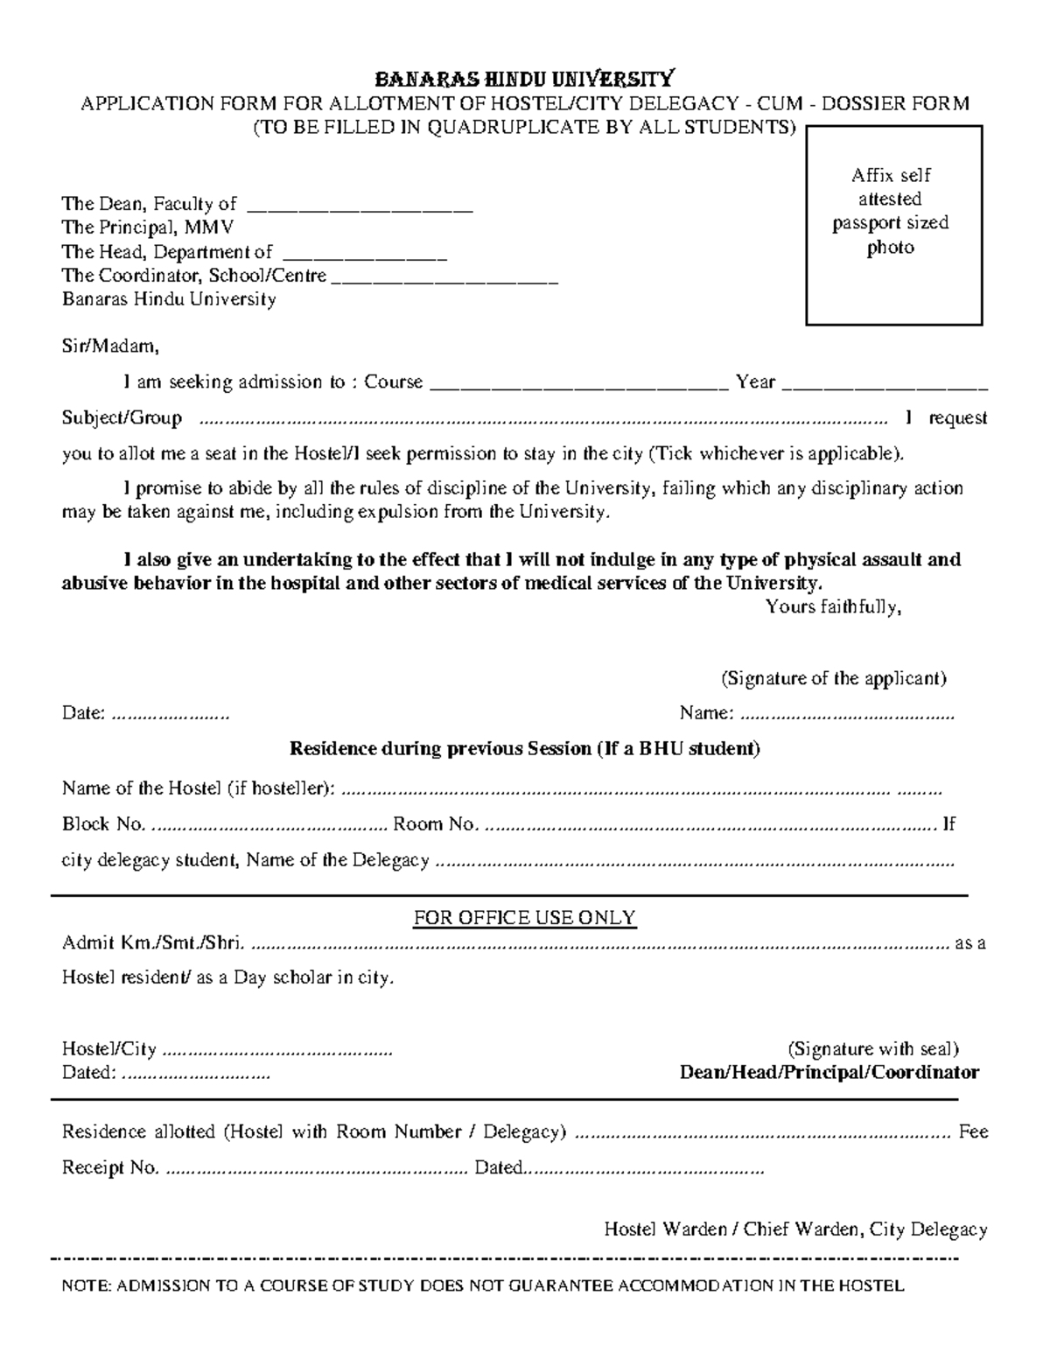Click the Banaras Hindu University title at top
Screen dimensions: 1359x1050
point(525,79)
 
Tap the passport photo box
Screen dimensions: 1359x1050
point(893,225)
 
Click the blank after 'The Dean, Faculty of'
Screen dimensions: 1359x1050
point(360,208)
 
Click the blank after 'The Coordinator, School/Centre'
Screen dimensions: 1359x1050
point(445,280)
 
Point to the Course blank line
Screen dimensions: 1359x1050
point(579,386)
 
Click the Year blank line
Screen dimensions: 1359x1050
point(885,386)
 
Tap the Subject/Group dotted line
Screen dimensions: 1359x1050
point(542,421)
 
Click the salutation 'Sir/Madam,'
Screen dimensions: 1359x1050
point(110,347)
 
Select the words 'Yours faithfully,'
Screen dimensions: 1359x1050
point(833,606)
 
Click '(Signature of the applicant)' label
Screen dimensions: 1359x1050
point(833,678)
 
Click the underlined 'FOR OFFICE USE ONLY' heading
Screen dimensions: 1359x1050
point(524,918)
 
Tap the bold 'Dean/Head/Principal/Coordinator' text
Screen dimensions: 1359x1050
point(829,1073)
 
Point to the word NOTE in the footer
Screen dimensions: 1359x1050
point(86,1286)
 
